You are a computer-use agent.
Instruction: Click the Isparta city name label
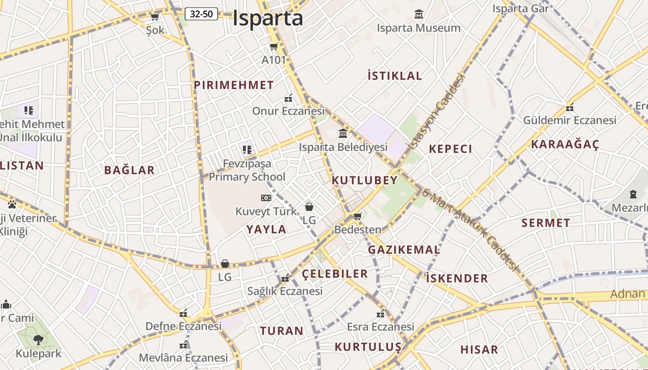pyautogui.click(x=268, y=18)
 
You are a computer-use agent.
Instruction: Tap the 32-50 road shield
pyautogui.click(x=201, y=14)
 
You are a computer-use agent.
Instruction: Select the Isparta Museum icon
pyautogui.click(x=419, y=14)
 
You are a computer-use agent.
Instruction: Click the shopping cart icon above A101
pyautogui.click(x=274, y=46)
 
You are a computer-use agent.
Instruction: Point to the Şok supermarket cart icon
pyautogui.click(x=155, y=17)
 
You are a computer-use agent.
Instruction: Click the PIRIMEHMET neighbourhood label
pyautogui.click(x=234, y=85)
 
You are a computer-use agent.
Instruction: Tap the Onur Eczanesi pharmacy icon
pyautogui.click(x=288, y=98)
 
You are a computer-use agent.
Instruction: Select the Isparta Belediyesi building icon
pyautogui.click(x=343, y=134)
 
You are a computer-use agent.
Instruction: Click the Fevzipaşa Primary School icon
pyautogui.click(x=247, y=149)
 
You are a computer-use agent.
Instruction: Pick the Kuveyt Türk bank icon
pyautogui.click(x=266, y=198)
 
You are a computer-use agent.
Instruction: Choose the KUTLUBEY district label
pyautogui.click(x=365, y=180)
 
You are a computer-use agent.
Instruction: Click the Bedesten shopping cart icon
pyautogui.click(x=357, y=216)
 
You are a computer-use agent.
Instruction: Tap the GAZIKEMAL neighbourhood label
pyautogui.click(x=404, y=250)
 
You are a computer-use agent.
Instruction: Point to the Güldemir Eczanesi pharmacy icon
pyautogui.click(x=570, y=108)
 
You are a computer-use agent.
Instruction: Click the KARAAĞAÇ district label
pyautogui.click(x=565, y=144)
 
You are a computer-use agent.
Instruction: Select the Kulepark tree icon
pyautogui.click(x=38, y=340)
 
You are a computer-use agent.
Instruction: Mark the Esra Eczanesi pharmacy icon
pyautogui.click(x=380, y=314)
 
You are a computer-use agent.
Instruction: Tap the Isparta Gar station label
pyautogui.click(x=520, y=8)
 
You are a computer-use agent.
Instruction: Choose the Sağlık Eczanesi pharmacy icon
pyautogui.click(x=285, y=278)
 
